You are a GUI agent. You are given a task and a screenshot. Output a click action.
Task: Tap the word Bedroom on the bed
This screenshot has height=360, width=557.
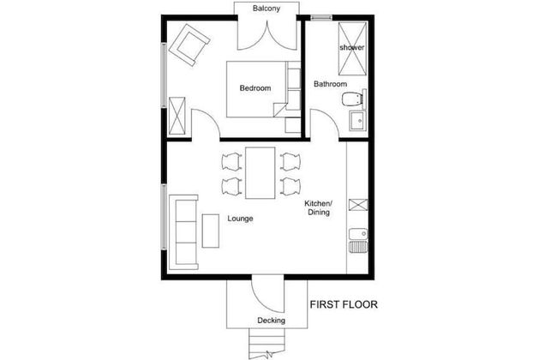point(255,88)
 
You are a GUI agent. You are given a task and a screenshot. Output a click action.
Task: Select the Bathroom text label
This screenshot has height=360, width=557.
point(330,84)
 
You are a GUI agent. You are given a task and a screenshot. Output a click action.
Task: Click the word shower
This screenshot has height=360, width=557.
point(352,47)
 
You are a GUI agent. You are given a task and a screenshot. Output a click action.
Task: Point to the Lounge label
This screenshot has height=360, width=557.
point(240,218)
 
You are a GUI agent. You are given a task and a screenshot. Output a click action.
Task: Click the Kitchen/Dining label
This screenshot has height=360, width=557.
point(318,207)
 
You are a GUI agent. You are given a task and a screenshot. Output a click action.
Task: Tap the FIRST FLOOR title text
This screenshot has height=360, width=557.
point(344,303)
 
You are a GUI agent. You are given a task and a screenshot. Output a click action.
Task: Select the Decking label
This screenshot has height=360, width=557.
point(271,321)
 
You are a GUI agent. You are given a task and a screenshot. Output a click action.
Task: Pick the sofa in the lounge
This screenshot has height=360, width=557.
point(183,231)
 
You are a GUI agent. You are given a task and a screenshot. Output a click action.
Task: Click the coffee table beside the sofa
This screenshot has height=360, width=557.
point(211,231)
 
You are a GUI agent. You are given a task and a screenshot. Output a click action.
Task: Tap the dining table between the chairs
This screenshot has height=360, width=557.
point(261,171)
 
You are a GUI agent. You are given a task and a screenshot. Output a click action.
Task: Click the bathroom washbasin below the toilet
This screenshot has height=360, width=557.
point(358,123)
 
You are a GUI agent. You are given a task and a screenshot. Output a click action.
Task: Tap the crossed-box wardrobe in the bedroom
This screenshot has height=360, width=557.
point(178,116)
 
